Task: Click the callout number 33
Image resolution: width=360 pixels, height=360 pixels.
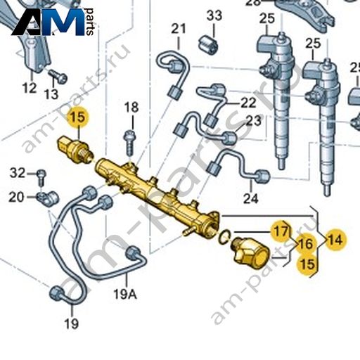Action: point(214,15)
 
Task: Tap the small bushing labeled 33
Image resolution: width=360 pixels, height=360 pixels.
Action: point(208,44)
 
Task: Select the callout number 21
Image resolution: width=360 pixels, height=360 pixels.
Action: point(179,29)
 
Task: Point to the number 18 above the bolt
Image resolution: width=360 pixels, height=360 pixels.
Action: point(131,108)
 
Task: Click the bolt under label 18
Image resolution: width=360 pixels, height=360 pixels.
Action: point(129,142)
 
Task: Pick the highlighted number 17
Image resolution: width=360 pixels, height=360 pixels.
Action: point(281,231)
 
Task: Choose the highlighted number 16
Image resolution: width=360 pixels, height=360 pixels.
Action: point(306,244)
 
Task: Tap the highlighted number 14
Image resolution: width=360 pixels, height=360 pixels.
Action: point(335,240)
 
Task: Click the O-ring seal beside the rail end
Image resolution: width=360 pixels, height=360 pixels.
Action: point(224,236)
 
